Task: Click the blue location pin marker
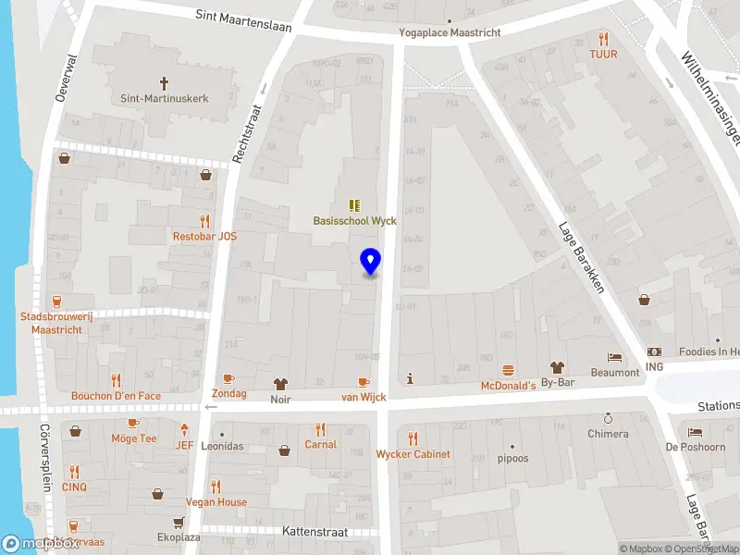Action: (371, 262)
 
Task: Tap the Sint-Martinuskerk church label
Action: (165, 97)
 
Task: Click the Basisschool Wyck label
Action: (354, 221)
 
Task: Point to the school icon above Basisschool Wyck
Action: (354, 205)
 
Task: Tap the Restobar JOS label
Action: (204, 236)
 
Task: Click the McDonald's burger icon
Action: (508, 369)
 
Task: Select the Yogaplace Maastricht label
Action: (450, 32)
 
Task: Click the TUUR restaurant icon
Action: (603, 39)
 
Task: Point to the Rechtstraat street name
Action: (249, 133)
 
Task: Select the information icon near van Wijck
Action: (410, 377)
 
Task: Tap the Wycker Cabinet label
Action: (413, 454)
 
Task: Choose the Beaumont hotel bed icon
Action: (615, 357)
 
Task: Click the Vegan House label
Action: (216, 502)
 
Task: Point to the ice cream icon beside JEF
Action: (185, 428)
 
